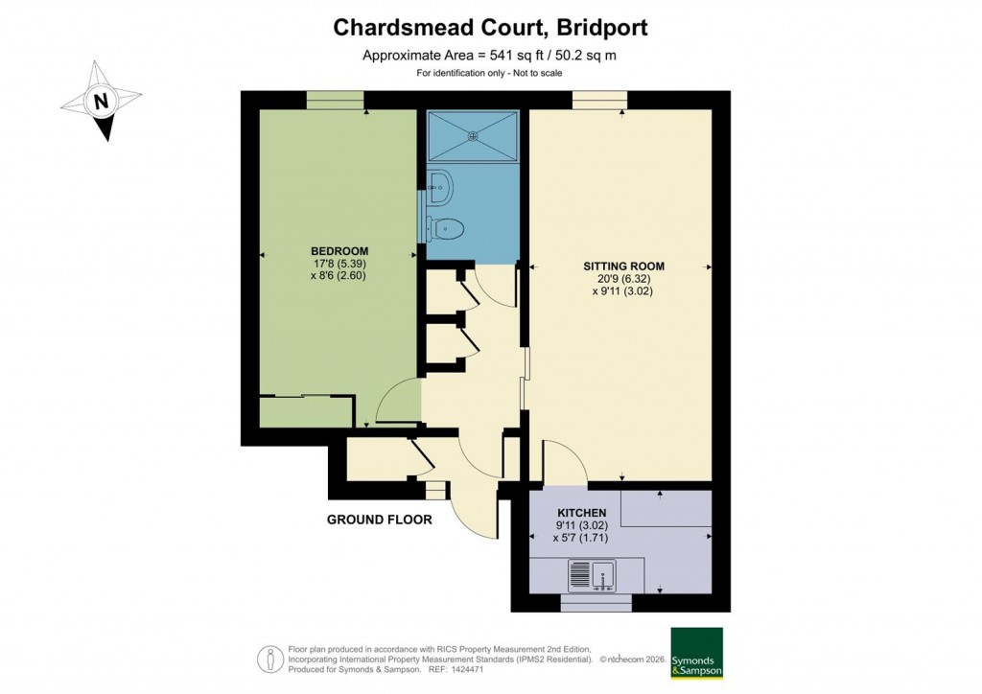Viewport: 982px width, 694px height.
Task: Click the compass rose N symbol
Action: (101, 100)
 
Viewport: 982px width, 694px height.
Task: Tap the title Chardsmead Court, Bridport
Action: (490, 28)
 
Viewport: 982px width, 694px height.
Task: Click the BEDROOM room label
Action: (338, 251)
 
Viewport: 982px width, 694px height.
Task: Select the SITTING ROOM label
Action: (623, 266)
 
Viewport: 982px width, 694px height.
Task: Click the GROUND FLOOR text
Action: (380, 520)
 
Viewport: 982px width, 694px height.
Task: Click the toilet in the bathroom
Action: (446, 228)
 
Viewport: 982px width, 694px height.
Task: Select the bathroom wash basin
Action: (440, 188)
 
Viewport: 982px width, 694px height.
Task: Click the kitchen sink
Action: (592, 575)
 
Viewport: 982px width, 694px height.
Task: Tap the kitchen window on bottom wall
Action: (596, 603)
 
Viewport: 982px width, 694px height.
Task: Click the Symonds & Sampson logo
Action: (696, 654)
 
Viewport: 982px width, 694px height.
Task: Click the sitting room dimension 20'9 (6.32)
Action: (622, 279)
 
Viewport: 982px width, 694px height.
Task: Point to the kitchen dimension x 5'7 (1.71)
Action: (580, 539)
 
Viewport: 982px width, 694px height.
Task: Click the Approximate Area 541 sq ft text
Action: (489, 56)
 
